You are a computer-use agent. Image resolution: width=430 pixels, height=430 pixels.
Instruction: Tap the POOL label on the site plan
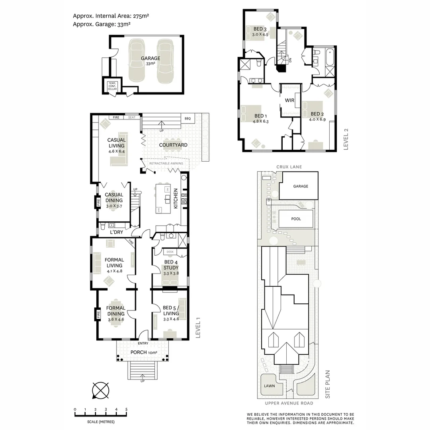(296, 219)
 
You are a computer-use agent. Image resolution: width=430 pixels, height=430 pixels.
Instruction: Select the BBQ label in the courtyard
(188, 118)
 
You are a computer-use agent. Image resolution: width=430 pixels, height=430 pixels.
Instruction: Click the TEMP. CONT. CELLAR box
(112, 86)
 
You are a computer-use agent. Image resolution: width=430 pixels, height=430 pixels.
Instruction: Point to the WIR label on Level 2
(289, 100)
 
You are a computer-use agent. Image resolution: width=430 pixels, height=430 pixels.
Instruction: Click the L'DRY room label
(116, 232)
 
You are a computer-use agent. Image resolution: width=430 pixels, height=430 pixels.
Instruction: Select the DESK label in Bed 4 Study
(170, 252)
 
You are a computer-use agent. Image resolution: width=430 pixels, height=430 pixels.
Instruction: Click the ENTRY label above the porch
(143, 343)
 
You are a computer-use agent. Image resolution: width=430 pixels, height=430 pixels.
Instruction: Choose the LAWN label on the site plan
(269, 386)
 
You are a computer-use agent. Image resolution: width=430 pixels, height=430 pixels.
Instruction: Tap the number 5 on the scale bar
(127, 409)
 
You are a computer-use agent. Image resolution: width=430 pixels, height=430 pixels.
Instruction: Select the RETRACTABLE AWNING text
(166, 164)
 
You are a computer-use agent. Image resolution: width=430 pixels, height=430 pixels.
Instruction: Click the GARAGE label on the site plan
(300, 186)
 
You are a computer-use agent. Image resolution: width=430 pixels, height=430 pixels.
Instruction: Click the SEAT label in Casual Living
(131, 117)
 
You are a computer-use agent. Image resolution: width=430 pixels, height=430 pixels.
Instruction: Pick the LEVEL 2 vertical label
(346, 139)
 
